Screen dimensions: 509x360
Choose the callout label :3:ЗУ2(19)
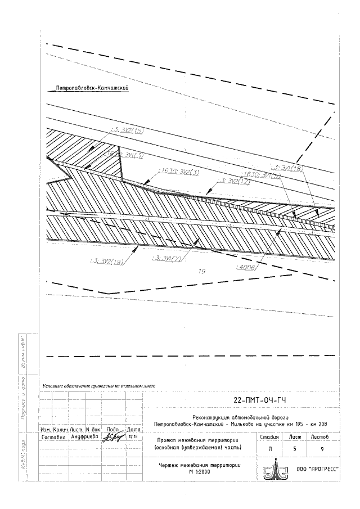[x=107, y=261]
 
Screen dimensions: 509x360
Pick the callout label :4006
[x=246, y=268]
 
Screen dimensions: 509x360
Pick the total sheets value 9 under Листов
[x=322, y=448]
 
